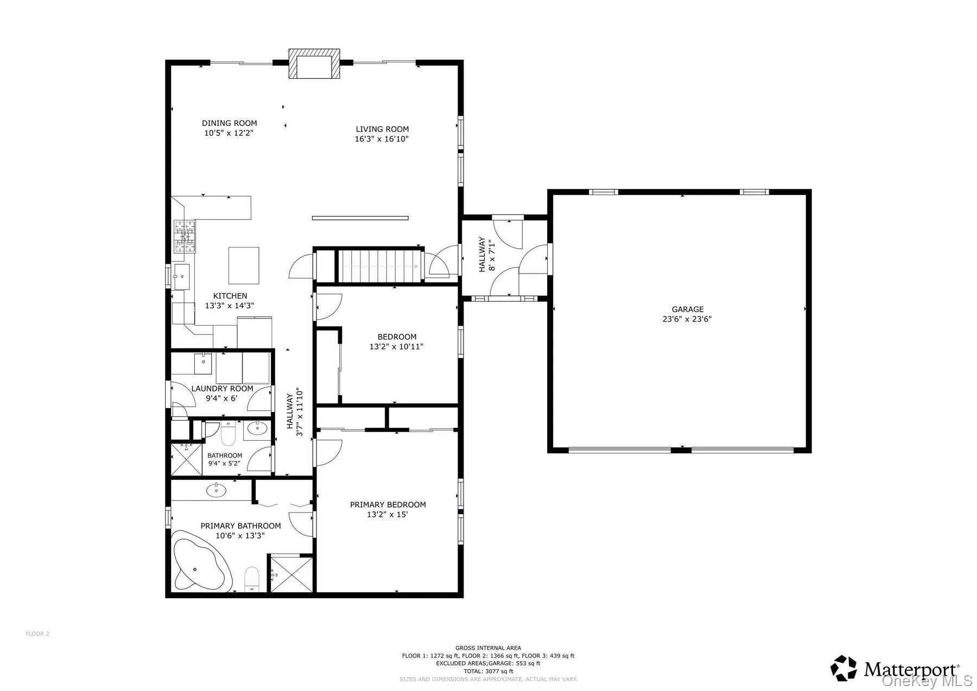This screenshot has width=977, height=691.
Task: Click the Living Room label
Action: pyautogui.click(x=382, y=129)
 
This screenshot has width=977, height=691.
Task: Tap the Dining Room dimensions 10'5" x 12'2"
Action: pyautogui.click(x=229, y=132)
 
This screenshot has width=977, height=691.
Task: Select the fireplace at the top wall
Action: pyautogui.click(x=314, y=64)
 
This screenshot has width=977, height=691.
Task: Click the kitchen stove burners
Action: pyautogui.click(x=185, y=237)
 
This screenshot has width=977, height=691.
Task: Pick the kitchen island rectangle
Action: pyautogui.click(x=244, y=265)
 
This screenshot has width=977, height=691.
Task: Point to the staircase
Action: pyautogui.click(x=380, y=265)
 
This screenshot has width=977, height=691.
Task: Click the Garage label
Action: pyautogui.click(x=688, y=309)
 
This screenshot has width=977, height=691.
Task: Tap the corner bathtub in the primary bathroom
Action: pyautogui.click(x=201, y=562)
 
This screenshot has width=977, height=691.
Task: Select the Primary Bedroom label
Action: pyautogui.click(x=388, y=505)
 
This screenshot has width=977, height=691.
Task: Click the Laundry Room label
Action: pyautogui.click(x=222, y=389)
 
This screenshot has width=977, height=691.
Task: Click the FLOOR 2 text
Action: pyautogui.click(x=37, y=633)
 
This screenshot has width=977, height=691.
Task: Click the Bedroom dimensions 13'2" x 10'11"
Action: pyautogui.click(x=396, y=346)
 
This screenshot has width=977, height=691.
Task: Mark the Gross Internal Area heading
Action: pyautogui.click(x=488, y=648)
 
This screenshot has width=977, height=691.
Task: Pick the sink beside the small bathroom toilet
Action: pyautogui.click(x=257, y=429)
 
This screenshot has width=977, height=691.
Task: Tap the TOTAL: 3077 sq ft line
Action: pyautogui.click(x=488, y=671)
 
